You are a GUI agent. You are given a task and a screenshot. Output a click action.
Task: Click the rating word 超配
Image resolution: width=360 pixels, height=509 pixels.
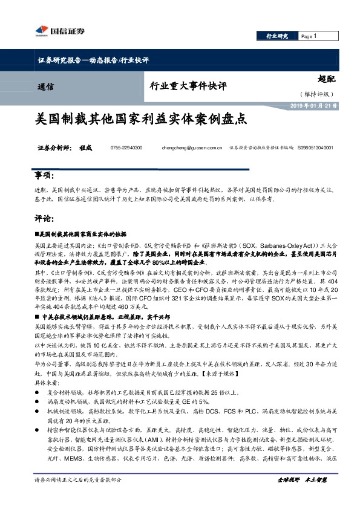327,79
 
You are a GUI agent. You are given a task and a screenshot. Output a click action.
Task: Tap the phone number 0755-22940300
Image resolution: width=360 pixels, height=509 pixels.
126,148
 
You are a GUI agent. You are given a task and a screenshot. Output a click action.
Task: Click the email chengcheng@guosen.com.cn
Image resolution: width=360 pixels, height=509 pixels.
192,148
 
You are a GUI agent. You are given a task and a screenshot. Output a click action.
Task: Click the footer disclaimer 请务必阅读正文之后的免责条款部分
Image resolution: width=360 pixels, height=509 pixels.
79,496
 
